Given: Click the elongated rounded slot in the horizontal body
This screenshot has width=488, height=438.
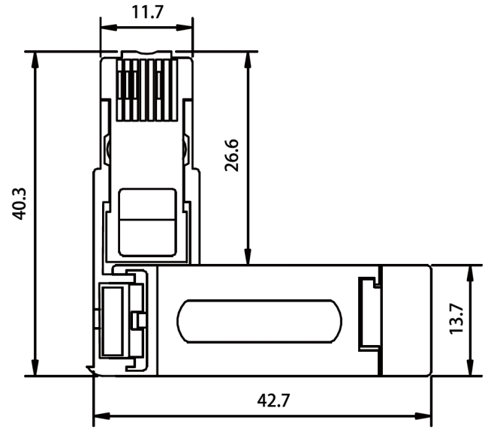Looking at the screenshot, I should coord(258,321).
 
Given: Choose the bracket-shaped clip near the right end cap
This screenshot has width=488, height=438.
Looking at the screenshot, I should coord(367,314).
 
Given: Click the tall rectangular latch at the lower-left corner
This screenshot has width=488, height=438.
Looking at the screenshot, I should coord(110,321).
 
